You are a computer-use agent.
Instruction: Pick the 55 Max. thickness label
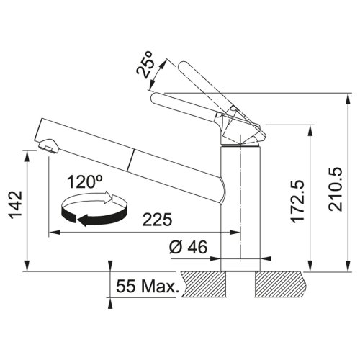coord(146,287)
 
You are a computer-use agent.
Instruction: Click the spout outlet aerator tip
coord(47,148)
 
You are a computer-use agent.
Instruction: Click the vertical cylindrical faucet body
coord(238,209)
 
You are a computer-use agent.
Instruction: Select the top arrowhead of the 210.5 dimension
coord(340,96)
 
